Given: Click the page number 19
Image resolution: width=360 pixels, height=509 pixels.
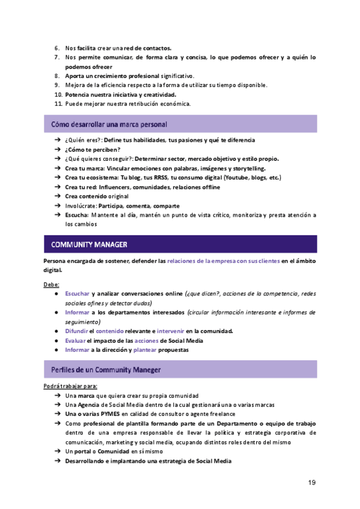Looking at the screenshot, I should (312, 483).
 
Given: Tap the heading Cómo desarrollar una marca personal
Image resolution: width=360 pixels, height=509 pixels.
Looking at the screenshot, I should (109, 124).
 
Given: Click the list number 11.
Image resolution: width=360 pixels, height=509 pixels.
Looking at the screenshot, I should (59, 104).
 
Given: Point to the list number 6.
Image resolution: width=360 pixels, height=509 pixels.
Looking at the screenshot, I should (57, 47).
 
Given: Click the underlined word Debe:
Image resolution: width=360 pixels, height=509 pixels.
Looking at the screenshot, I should (52, 284).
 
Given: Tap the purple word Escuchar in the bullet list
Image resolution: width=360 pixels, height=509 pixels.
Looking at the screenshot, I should (77, 294).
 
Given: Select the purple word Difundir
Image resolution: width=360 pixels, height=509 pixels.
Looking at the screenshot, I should (77, 331).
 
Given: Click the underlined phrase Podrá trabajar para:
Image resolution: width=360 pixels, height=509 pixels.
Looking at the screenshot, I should (70, 386).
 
